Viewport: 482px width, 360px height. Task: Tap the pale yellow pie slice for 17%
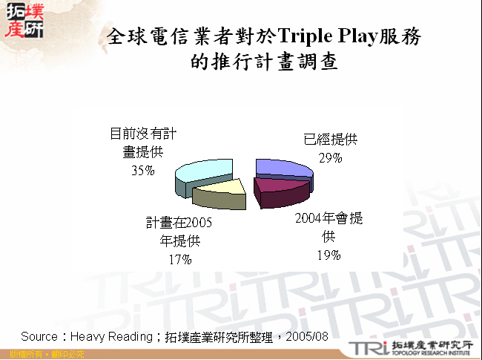[220, 194]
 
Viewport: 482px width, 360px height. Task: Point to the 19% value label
[330, 255]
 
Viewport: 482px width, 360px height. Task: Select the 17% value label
[179, 259]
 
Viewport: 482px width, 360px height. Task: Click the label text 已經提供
[330, 140]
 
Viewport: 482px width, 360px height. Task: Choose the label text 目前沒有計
[143, 134]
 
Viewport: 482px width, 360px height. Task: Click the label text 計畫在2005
[179, 222]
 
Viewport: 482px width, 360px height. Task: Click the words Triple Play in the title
[325, 37]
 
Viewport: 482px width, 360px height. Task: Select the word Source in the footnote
[39, 336]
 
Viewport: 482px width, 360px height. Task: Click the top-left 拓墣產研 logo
[24, 20]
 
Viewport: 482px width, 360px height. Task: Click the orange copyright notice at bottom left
[42, 355]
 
